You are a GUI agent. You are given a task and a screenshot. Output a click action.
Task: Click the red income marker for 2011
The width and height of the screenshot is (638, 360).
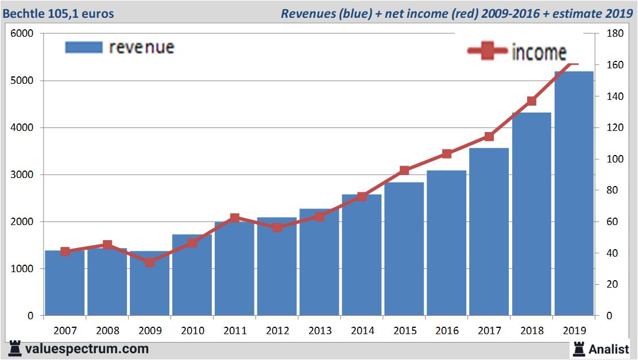tap(234, 218)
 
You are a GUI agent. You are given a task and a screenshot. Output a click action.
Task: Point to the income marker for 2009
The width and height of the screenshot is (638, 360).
tap(149, 262)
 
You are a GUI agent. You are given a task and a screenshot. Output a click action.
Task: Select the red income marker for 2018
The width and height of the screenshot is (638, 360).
tap(531, 101)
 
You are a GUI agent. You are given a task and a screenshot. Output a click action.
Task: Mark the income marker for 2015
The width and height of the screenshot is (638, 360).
tap(404, 171)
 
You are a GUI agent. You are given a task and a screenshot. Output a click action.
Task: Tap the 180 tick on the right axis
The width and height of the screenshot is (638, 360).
tap(614, 33)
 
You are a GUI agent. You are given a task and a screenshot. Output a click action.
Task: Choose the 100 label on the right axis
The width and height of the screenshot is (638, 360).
tap(614, 159)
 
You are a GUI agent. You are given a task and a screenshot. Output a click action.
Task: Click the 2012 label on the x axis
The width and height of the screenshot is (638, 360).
tap(277, 331)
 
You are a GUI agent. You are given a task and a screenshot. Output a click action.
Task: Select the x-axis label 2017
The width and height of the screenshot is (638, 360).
tap(489, 331)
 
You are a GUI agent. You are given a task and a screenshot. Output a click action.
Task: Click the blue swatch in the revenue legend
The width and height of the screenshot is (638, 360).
tap(84, 47)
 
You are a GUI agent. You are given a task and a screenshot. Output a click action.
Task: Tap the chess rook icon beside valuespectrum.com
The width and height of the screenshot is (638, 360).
tap(15, 349)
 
